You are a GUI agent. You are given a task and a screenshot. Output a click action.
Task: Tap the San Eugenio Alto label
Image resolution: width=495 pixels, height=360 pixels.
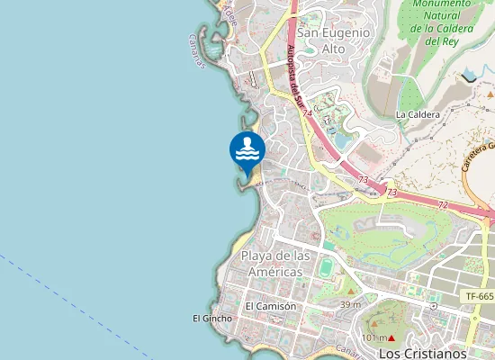tap(333, 40)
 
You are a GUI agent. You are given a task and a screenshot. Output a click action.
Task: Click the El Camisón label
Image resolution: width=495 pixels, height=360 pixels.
tap(270, 306)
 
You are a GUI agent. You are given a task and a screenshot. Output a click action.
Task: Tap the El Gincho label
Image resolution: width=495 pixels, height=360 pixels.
tap(212, 319)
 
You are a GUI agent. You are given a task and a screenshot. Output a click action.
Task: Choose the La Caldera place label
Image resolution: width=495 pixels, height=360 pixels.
tap(418, 115)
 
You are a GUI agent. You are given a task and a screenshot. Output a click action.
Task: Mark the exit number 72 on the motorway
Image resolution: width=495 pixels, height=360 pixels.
tap(443, 205)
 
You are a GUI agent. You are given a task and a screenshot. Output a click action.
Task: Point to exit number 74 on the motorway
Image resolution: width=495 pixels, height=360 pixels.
tap(308, 113)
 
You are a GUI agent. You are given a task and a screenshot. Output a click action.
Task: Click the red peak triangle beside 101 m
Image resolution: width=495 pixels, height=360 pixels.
tap(392, 337)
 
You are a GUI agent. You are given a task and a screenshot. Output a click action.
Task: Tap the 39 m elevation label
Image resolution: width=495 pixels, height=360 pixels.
tap(350, 305)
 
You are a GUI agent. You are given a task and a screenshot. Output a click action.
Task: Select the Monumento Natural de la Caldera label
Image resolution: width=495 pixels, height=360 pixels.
tap(442, 22)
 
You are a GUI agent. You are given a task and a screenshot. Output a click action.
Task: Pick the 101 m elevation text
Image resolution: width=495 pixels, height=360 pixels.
tap(373, 337)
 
